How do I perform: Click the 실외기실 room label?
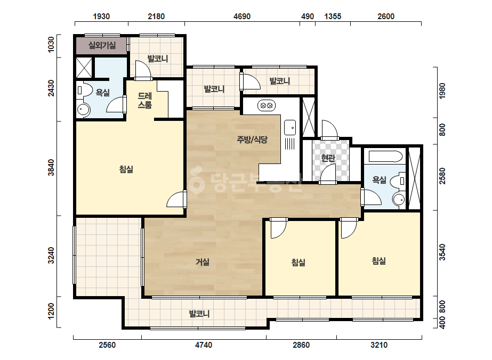[x=102, y=45]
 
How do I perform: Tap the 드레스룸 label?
[x=144, y=101]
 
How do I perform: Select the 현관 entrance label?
[x=328, y=158]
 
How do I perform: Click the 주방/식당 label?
[x=252, y=140]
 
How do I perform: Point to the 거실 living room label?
[x=203, y=261]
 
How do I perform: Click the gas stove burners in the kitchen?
[x=267, y=105]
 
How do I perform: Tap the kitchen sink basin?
[x=290, y=128]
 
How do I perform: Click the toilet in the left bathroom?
[x=84, y=91]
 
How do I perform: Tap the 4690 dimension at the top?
[x=242, y=17]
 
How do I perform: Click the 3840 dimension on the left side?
[x=51, y=168]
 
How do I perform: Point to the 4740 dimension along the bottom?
[x=203, y=345]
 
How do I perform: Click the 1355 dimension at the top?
[x=333, y=17]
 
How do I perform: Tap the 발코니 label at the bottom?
[x=199, y=313]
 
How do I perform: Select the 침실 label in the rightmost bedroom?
[x=378, y=260]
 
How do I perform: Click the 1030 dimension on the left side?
[x=51, y=44]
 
